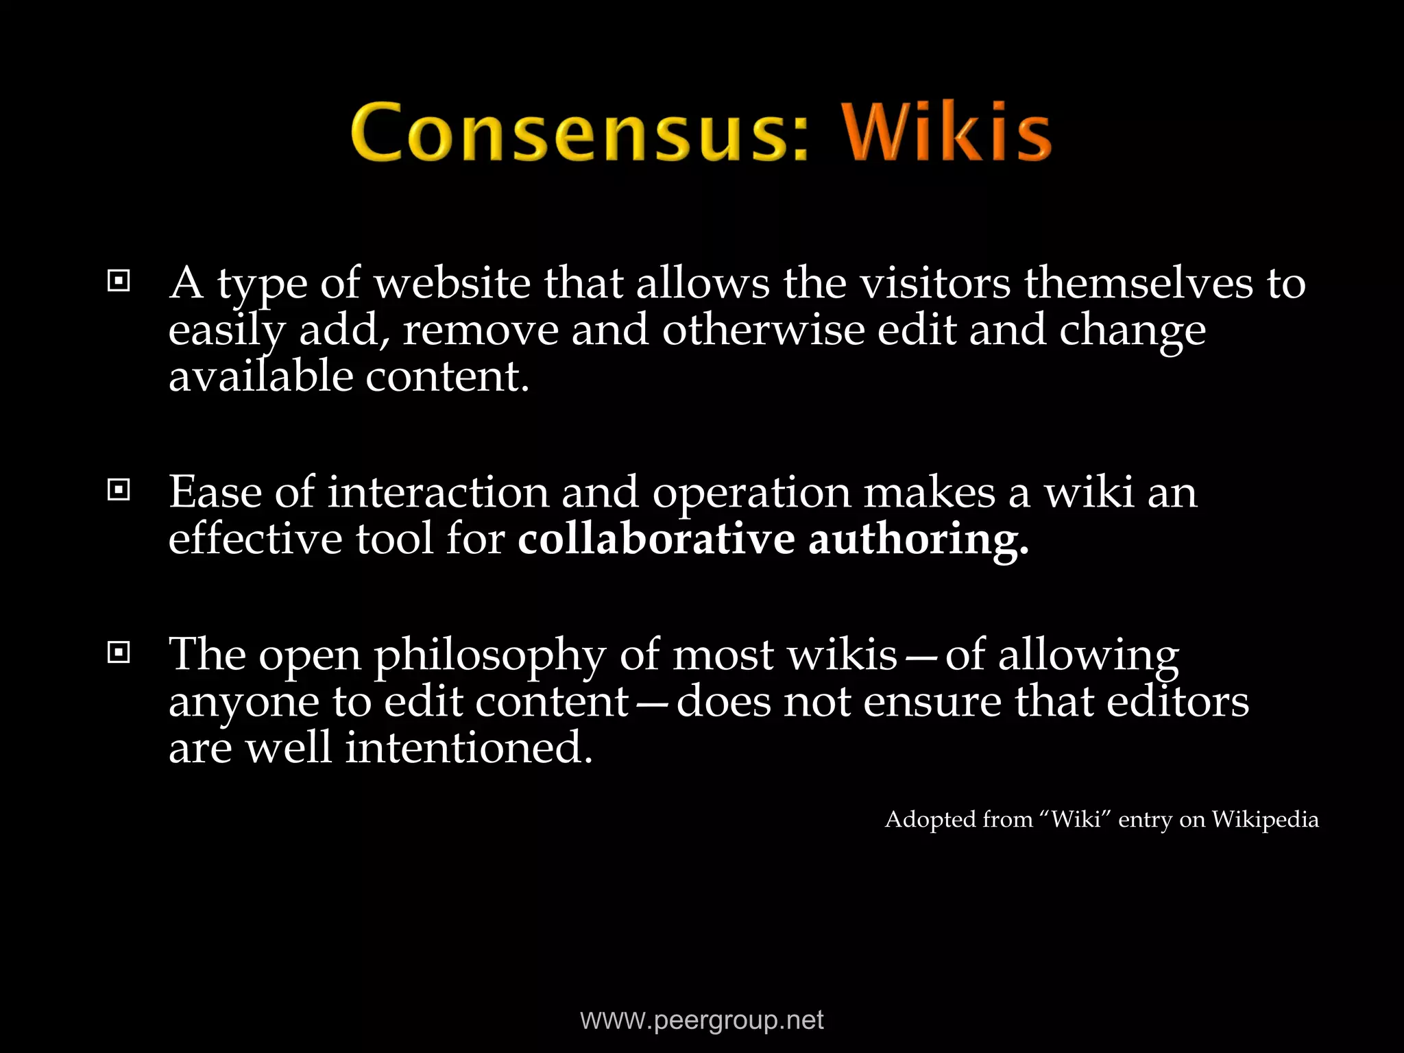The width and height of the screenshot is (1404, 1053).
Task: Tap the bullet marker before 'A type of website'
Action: pos(119,280)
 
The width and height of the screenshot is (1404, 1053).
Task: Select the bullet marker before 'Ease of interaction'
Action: pos(119,489)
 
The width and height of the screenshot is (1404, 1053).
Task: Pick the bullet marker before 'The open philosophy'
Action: pos(119,653)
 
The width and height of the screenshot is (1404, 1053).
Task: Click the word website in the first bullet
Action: pos(452,283)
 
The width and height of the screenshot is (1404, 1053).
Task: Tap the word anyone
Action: pos(244,703)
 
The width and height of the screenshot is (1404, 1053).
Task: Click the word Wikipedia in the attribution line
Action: pos(1265,820)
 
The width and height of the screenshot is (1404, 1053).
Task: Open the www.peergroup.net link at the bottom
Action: pos(702,1021)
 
